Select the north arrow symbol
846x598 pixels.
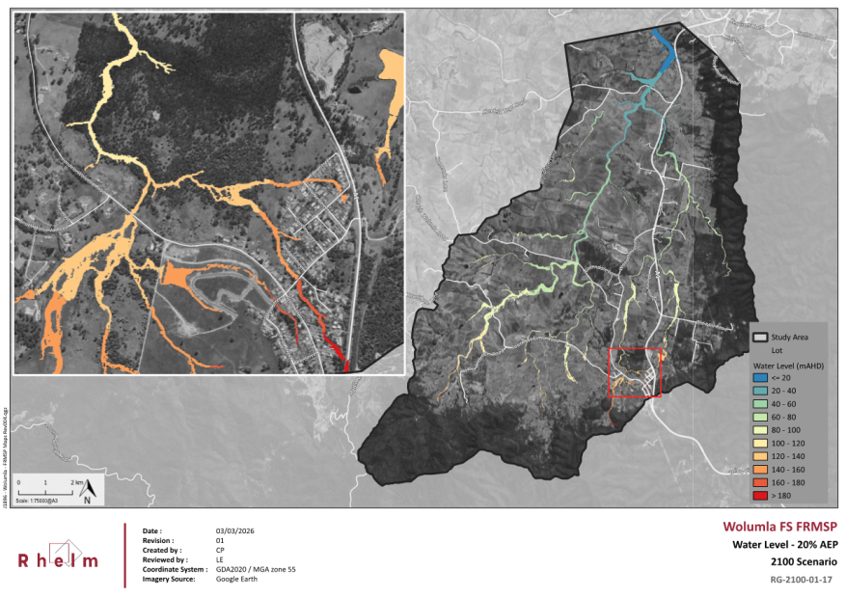[x=87, y=491]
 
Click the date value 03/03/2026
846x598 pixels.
[x=235, y=531]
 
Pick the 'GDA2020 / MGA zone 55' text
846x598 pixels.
[x=256, y=569]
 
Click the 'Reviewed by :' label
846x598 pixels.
[x=165, y=559]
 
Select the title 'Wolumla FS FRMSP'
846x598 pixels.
[x=780, y=527]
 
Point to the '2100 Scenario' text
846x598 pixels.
[x=803, y=561]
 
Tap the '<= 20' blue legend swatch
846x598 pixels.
[x=760, y=377]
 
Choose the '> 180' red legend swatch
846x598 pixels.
[x=760, y=495]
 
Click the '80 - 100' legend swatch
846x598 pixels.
[x=760, y=429]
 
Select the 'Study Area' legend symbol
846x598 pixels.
[x=760, y=338]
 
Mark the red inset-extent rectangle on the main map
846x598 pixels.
[x=634, y=372]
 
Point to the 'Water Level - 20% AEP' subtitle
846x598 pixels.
[x=782, y=545]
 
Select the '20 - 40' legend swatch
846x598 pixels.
[x=760, y=391]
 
